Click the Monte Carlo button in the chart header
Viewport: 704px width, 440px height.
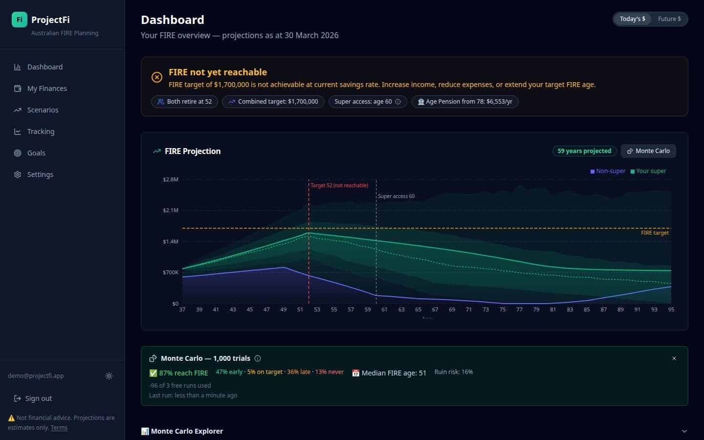[x=648, y=151]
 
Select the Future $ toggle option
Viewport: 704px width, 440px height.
[x=669, y=19]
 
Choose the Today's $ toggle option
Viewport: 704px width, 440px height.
[x=632, y=19]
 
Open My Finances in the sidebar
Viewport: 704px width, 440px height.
[x=47, y=88]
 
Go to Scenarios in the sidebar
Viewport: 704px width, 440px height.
[x=43, y=110]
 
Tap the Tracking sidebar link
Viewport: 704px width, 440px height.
[x=41, y=132]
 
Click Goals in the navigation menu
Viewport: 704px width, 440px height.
[x=36, y=153]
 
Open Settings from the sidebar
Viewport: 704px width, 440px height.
[x=40, y=175]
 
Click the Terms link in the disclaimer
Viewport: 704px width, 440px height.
[x=59, y=428]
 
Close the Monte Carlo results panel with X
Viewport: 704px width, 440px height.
[x=674, y=358]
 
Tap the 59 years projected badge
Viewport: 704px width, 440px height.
[x=584, y=151]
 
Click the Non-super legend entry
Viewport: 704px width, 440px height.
[x=608, y=171]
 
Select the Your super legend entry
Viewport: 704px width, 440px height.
[x=648, y=171]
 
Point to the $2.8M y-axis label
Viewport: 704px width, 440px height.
[x=171, y=179]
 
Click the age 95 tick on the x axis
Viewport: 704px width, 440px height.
[x=671, y=309]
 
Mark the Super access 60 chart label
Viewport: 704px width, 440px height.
[x=396, y=196]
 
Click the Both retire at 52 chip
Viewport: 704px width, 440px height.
[x=185, y=102]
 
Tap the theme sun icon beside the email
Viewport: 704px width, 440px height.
[x=109, y=376]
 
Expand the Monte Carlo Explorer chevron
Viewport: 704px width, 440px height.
[x=684, y=431]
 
